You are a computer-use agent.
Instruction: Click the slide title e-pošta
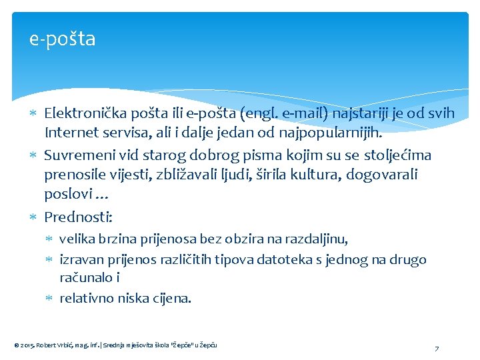63,39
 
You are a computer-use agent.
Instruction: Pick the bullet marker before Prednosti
35,217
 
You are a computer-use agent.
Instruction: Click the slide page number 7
436,349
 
